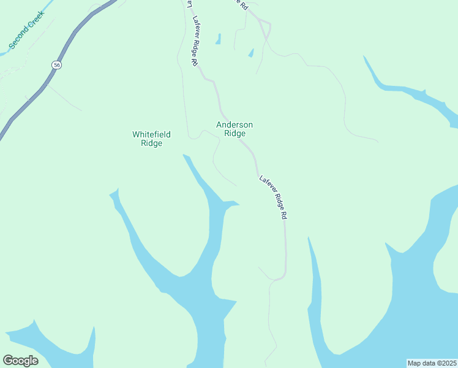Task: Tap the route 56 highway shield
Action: [56, 64]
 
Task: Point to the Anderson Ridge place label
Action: [235, 129]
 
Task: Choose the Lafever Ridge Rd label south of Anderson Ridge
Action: [274, 198]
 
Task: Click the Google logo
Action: [20, 361]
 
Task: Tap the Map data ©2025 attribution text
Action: [431, 363]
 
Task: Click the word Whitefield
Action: [151, 134]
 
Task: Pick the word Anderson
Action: [235, 125]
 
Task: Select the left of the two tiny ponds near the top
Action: [218, 39]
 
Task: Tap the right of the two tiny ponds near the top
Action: [250, 53]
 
